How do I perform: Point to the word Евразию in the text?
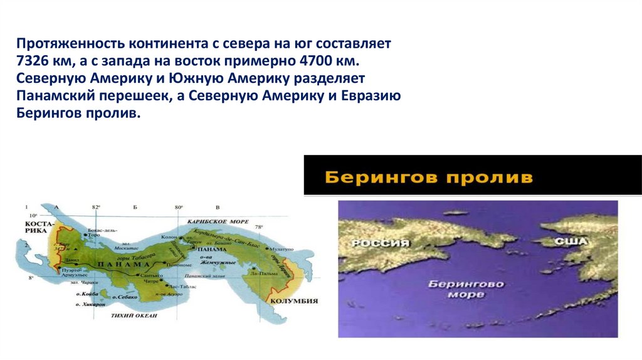375,98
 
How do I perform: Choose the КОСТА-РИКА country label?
36,226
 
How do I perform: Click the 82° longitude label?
96,206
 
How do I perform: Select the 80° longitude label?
179,206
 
